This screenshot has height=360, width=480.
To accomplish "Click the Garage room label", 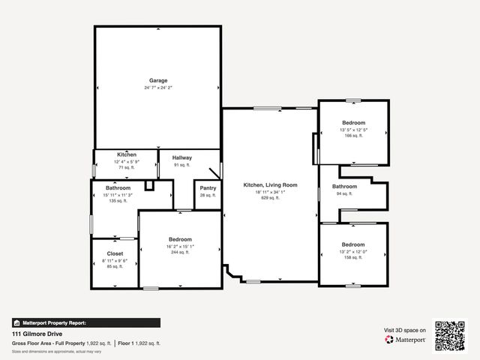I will (x=157, y=80).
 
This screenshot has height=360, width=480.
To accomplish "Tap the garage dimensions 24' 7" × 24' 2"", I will (x=157, y=88).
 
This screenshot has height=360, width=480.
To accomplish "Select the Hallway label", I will (x=182, y=157).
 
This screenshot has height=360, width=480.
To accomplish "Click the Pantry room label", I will (x=208, y=188).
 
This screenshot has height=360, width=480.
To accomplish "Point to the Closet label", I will (x=115, y=253).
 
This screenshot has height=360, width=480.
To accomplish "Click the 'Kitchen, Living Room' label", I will (x=270, y=184).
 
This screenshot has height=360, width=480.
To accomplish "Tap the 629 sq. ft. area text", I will (x=270, y=199).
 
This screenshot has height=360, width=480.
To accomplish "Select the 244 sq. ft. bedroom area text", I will (x=180, y=252).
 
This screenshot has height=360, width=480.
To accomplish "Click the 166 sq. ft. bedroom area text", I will (x=353, y=136).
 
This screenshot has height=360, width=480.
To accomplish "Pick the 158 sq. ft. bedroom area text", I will (x=353, y=257).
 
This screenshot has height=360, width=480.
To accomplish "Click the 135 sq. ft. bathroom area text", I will (x=118, y=201).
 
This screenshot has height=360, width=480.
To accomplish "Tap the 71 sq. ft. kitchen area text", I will (x=126, y=168).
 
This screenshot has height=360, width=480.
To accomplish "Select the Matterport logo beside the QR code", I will (x=406, y=340).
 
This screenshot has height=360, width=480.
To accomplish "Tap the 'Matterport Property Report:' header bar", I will (x=85, y=322).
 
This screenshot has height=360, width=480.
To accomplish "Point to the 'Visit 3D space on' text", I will (x=405, y=330).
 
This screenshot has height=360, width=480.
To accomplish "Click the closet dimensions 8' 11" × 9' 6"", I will (x=115, y=260).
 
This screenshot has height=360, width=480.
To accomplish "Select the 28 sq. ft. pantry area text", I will (x=208, y=195).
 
